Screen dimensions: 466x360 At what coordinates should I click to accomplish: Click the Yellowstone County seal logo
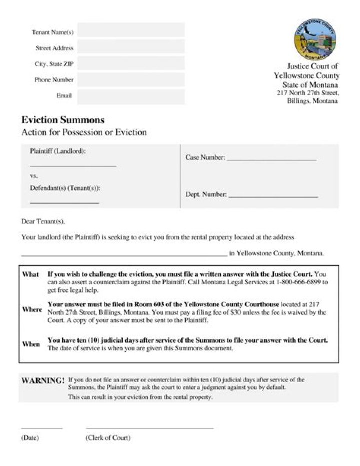[x=315, y=39]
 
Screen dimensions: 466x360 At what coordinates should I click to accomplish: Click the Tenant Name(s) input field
[x=131, y=31]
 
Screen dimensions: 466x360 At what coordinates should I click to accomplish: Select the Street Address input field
[x=131, y=47]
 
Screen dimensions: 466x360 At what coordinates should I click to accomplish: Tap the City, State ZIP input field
[x=131, y=64]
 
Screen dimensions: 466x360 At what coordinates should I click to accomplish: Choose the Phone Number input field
[x=131, y=80]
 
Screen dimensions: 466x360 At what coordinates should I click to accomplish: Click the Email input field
[x=131, y=96]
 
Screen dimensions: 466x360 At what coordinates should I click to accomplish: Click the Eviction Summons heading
[x=63, y=120]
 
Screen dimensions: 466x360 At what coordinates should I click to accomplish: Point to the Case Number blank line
[x=272, y=159]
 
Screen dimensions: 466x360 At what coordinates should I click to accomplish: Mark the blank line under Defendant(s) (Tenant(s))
[x=64, y=202]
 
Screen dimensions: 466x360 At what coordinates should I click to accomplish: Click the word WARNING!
[x=43, y=381]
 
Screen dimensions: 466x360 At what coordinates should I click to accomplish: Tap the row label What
[x=30, y=275]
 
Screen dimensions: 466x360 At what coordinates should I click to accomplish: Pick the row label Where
[x=32, y=310]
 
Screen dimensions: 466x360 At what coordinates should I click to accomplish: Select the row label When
[x=31, y=344]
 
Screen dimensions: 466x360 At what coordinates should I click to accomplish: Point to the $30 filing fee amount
[x=259, y=312]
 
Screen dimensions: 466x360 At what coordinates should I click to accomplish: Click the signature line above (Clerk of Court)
[x=150, y=428]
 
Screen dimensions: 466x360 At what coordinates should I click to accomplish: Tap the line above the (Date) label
[x=42, y=428]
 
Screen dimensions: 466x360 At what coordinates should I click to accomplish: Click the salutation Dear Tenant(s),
[x=43, y=221]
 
